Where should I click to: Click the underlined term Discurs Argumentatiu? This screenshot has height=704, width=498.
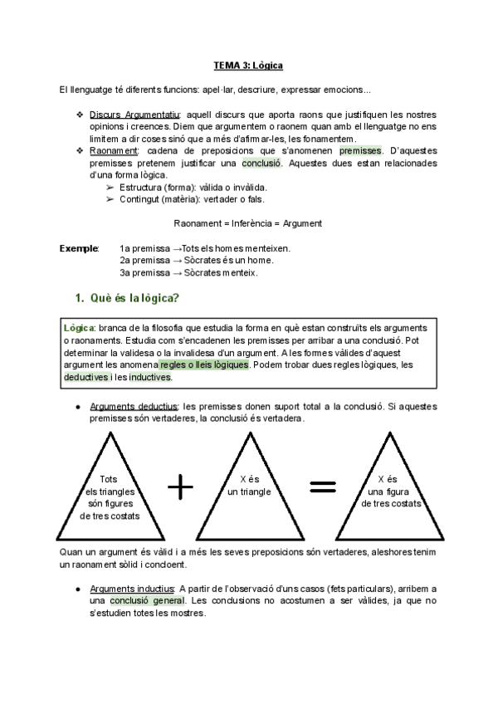click(137, 114)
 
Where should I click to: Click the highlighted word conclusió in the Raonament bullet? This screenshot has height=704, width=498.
click(261, 164)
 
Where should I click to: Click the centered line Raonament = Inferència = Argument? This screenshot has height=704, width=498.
click(247, 223)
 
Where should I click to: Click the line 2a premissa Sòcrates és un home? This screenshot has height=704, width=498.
click(197, 260)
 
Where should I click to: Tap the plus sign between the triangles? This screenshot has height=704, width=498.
click(180, 488)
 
